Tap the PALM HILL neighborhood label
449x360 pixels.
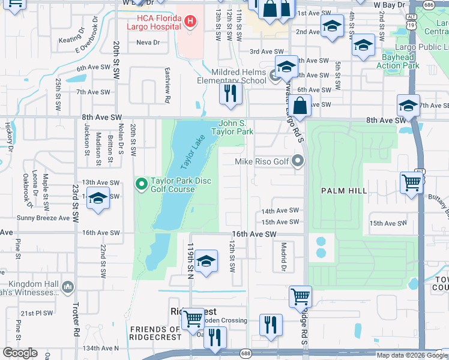[x=344, y=190]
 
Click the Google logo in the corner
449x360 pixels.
[x=20, y=353]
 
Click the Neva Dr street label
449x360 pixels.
[x=148, y=43]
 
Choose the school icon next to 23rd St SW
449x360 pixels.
[x=98, y=198]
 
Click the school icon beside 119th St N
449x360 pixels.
[x=206, y=260]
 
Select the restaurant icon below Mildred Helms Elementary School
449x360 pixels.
[x=230, y=93]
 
